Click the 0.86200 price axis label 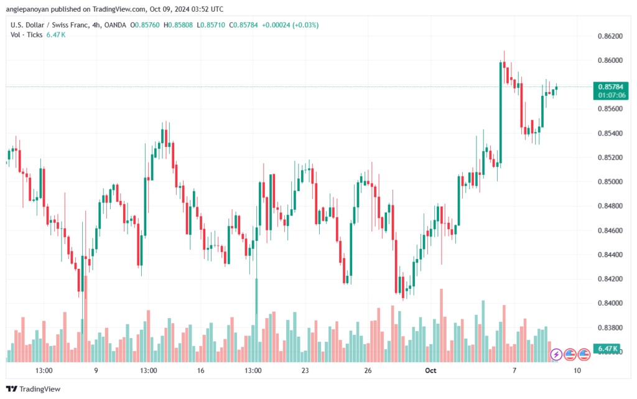coord(610,36)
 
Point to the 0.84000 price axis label coord(610,303)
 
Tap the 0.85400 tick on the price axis coord(610,133)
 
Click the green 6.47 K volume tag coord(608,349)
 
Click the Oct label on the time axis coord(430,370)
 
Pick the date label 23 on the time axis coord(305,370)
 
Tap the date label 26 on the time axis coord(368,370)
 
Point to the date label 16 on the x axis coord(200,370)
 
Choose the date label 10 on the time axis coord(577,370)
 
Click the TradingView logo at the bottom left coord(34,389)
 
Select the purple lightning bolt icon coord(556,355)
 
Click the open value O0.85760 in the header coord(145,25)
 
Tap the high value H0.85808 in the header coord(178,25)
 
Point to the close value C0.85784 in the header coord(243,25)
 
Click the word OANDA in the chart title coord(115,25)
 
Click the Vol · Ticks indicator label coord(26,35)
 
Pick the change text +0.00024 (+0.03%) coord(290,25)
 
